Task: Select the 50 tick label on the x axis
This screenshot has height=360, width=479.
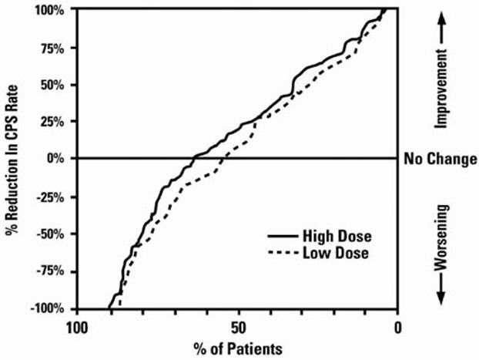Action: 238,326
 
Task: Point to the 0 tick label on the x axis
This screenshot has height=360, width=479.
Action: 398,326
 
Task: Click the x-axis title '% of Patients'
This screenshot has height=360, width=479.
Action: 237,348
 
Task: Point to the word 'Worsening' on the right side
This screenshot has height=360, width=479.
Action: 443,235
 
